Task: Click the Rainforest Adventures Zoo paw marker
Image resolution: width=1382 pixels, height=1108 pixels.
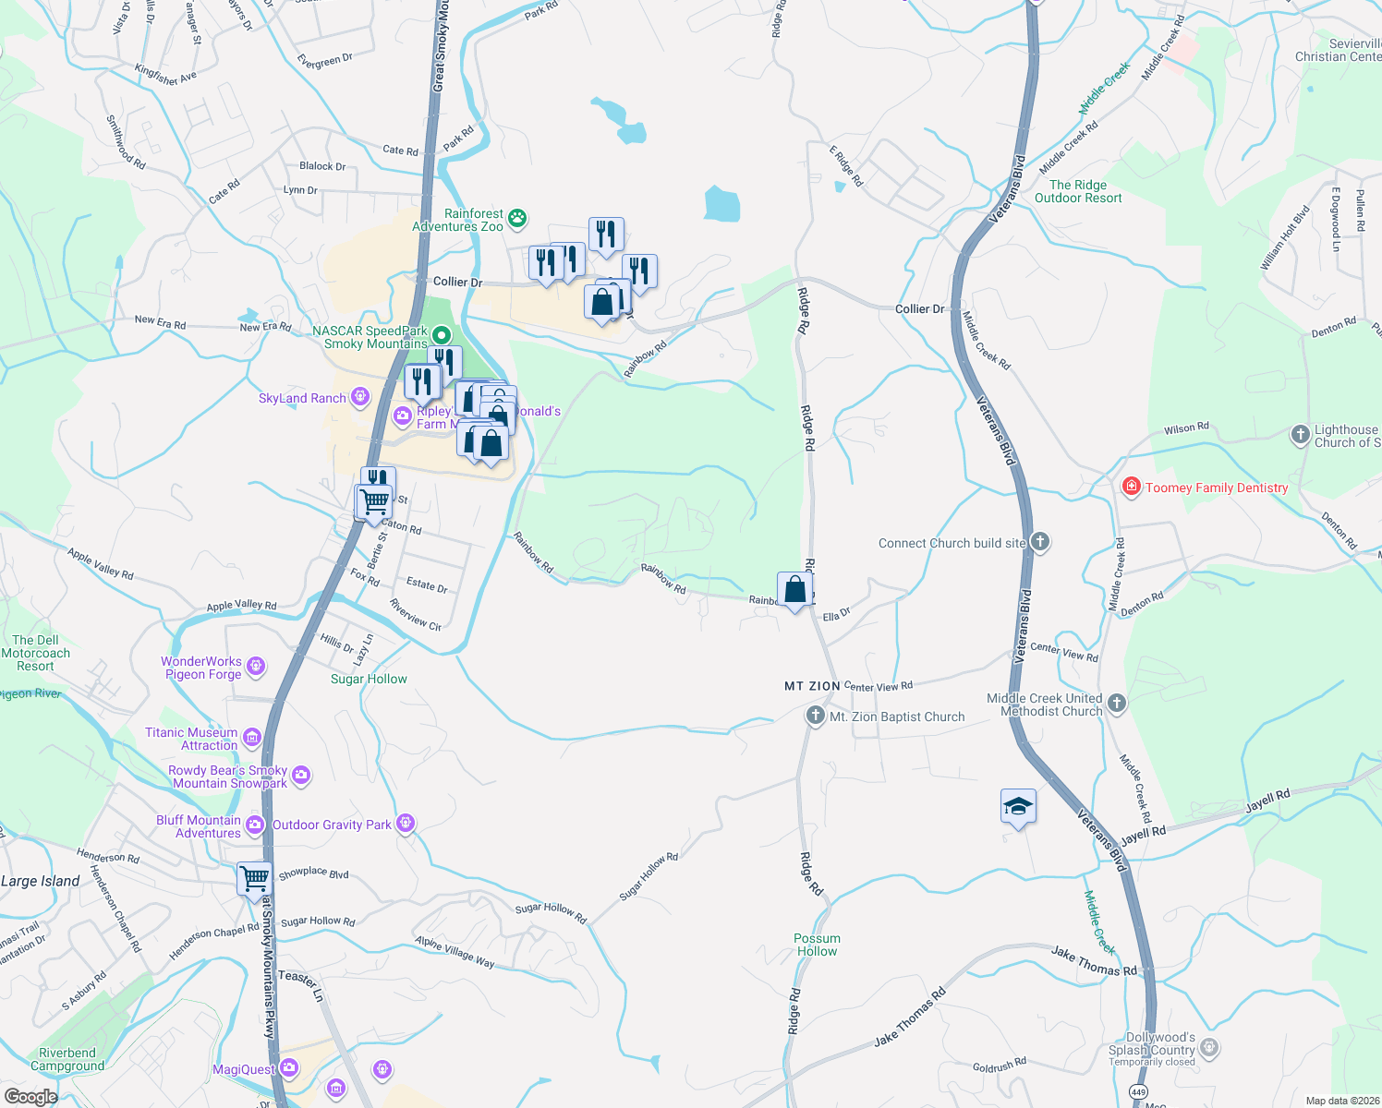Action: click(517, 218)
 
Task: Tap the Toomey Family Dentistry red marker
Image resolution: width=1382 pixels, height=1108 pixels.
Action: click(1131, 487)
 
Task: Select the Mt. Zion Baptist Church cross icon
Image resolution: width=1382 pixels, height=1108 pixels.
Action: click(815, 716)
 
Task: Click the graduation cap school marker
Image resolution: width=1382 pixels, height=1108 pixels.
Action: click(1018, 807)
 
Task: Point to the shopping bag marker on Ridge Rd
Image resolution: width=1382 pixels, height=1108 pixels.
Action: click(794, 589)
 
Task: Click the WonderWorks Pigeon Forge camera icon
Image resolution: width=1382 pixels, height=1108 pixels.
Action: click(256, 666)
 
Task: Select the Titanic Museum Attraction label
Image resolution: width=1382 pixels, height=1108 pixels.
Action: click(191, 739)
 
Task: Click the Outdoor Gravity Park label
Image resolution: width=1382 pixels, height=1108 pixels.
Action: click(332, 825)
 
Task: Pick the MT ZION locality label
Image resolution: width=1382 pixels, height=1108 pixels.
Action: click(812, 686)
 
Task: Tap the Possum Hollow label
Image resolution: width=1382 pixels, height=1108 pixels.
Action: click(817, 945)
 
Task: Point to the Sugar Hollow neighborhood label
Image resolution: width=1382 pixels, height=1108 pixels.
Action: click(369, 679)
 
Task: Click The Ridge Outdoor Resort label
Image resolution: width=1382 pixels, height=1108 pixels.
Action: click(1078, 191)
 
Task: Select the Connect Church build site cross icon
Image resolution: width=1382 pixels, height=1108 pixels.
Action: click(1040, 542)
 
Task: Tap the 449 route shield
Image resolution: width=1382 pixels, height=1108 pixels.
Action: click(1139, 1092)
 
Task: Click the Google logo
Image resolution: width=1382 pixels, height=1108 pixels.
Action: click(30, 1096)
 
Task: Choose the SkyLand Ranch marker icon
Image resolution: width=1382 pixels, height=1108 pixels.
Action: click(359, 398)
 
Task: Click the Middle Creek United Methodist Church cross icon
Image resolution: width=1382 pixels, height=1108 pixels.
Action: click(1116, 704)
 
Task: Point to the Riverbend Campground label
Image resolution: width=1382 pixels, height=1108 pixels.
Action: click(67, 1059)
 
